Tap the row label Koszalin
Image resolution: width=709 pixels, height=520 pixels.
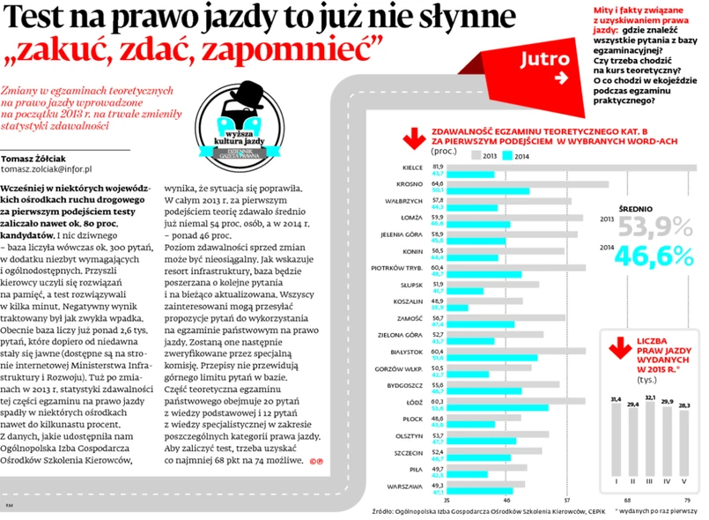(x=405, y=301)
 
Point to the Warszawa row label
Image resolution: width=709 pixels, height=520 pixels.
(x=402, y=487)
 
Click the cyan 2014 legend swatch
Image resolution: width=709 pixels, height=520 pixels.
(x=508, y=156)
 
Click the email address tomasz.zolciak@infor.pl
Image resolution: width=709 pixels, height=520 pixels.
(x=54, y=168)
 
